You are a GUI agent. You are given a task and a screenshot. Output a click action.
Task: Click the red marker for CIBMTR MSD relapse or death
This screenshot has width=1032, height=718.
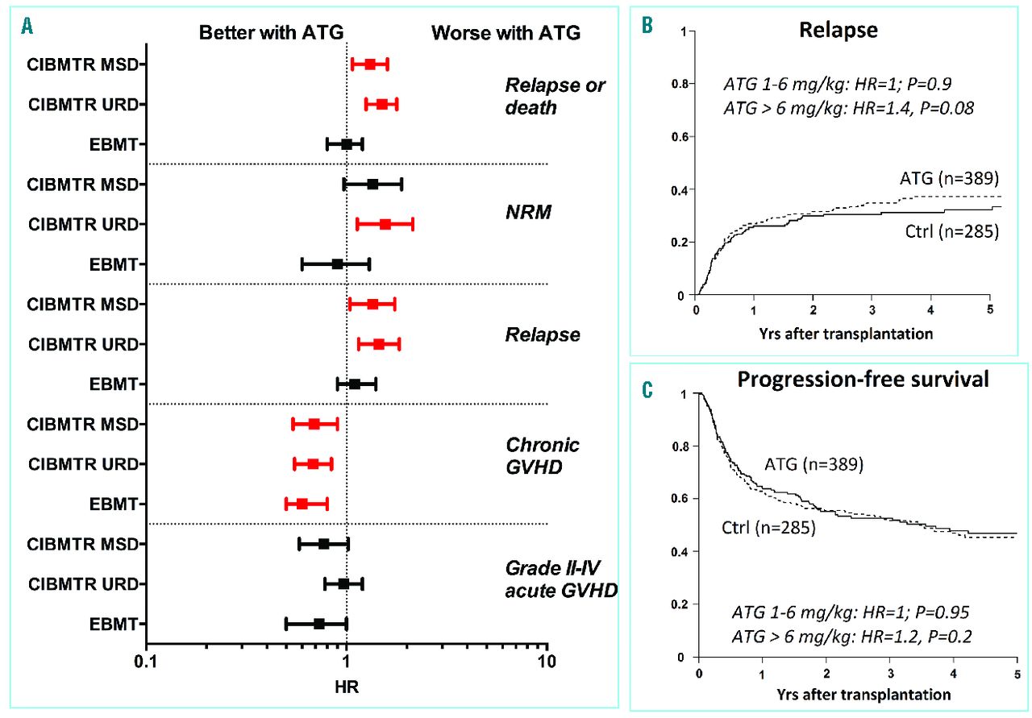(370, 64)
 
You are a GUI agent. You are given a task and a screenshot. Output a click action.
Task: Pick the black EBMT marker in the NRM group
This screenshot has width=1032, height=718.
(337, 264)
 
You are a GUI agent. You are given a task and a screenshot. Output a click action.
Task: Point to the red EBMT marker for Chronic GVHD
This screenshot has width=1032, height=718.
(302, 504)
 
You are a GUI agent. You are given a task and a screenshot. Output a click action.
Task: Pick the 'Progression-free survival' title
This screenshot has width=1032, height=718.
(863, 380)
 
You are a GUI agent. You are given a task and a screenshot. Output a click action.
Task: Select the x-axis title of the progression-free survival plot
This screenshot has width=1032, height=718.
(861, 693)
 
